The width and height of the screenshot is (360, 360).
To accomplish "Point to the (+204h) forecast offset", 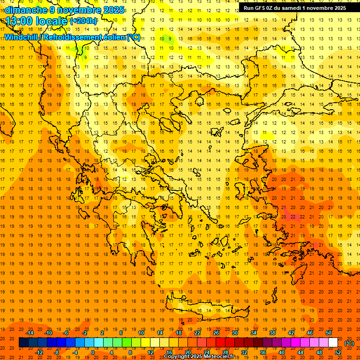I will pos(83,21).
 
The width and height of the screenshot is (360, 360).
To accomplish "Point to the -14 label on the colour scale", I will pos(30,333).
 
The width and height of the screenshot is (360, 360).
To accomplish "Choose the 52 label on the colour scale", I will pos(338,352).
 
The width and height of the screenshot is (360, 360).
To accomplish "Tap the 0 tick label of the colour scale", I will pos(93,352).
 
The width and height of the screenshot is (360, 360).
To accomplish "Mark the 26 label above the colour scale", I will pos(216,333).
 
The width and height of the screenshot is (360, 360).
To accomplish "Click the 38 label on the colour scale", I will pos(272,333).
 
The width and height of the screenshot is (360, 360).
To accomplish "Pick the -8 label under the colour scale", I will pos(56,352).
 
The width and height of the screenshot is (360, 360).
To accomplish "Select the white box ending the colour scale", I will pos(333,343).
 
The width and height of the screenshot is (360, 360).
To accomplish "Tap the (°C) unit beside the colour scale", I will pos(349,343).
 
